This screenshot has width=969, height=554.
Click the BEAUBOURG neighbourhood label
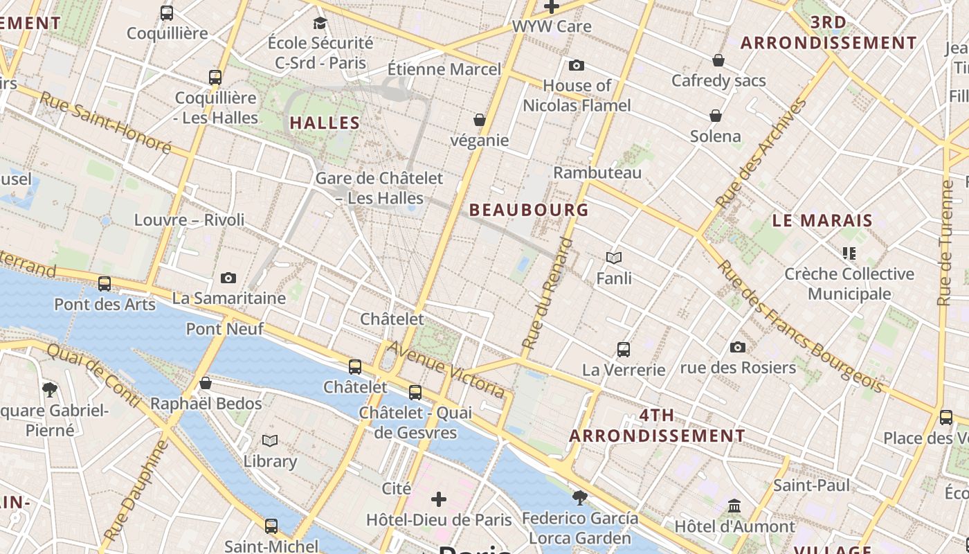coord(529,210)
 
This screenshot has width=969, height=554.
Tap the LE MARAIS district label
coord(822,221)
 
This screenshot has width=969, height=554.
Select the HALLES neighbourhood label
coord(325,123)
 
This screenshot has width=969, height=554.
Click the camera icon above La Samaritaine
coord(228,278)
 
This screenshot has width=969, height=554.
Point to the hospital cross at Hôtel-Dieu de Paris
coord(439,499)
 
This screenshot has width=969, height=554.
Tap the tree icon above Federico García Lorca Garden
coord(580,497)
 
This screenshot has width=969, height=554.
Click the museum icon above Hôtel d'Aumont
coord(734,506)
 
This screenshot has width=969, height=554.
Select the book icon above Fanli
coord(614,258)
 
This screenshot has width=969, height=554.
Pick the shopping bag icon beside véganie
coord(479,120)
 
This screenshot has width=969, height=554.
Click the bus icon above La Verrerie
coord(624,350)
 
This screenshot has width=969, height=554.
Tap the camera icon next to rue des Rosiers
coord(738,347)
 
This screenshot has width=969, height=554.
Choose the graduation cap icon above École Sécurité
coord(320,23)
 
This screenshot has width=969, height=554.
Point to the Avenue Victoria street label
coord(446,369)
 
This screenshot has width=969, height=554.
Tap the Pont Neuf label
coord(225,329)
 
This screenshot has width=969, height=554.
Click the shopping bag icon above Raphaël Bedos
coord(206,383)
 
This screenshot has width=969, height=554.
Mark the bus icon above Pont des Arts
coord(105,284)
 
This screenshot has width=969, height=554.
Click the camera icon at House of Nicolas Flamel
coord(576,66)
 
